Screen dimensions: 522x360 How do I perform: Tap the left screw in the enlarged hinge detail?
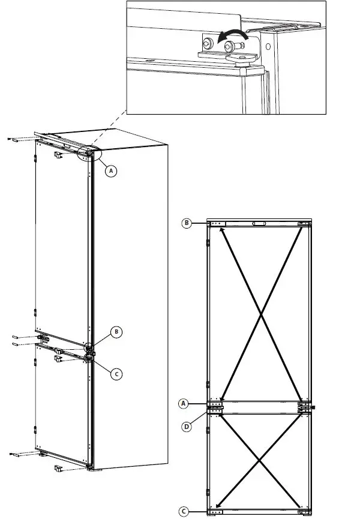coord(207,44)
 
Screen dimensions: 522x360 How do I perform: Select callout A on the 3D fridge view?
coord(110,170)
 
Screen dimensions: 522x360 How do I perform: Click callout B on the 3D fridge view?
coord(117,331)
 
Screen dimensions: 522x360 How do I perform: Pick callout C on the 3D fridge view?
coord(117,373)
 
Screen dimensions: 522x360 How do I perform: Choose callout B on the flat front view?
coord(187,223)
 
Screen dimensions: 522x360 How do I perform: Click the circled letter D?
coord(187,427)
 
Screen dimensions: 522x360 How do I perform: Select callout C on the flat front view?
coord(185,512)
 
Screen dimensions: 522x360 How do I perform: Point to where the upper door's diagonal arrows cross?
coord(260,314)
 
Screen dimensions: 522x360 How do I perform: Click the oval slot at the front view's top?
coord(259,224)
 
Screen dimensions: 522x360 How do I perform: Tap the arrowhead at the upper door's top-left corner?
coord(224,232)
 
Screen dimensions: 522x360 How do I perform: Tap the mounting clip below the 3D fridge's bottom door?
coord(59,468)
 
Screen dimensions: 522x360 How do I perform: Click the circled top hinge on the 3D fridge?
coord(89,154)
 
